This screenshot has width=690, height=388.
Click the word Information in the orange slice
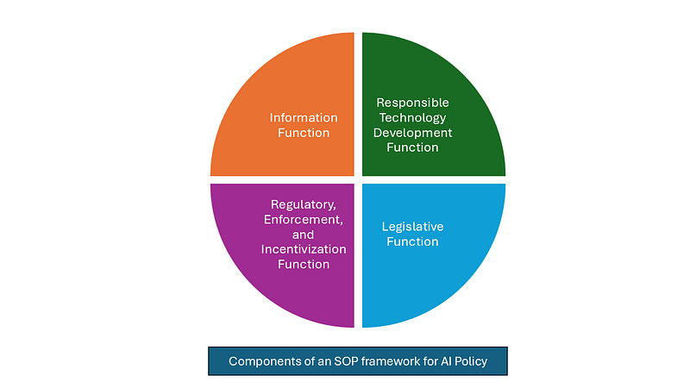pos(304,117)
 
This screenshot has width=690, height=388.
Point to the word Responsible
pos(413,103)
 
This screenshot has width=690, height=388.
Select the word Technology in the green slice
pos(413,117)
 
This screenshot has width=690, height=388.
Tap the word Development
pos(413,132)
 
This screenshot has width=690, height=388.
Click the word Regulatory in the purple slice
pos(304,204)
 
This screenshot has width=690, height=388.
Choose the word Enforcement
pos(304,220)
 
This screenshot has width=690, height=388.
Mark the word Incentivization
pos(304,248)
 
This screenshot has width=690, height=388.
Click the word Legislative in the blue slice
pos(412,227)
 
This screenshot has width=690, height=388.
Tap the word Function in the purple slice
pos(304,264)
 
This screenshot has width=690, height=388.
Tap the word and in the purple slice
pos(304,235)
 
